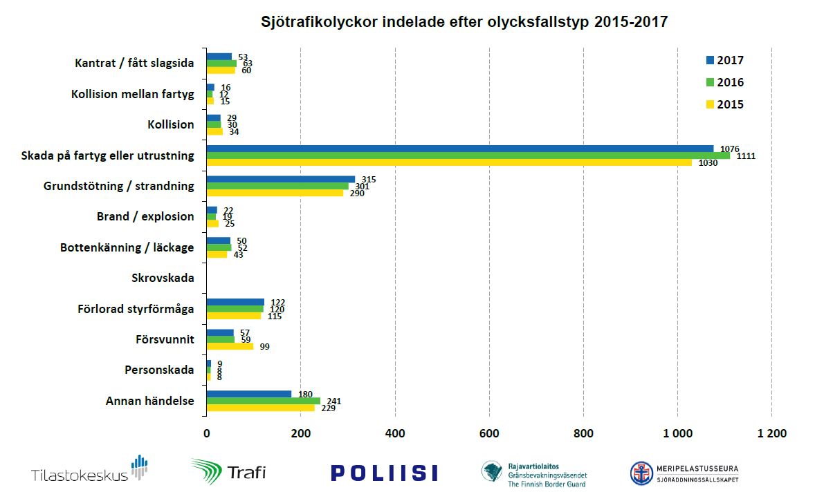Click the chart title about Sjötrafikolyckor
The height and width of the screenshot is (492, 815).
point(464,21)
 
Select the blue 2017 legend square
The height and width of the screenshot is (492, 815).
point(709,60)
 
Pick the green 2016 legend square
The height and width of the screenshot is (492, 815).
point(709,82)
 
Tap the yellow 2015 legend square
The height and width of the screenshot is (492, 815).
point(709,105)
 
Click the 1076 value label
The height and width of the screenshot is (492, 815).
point(729,148)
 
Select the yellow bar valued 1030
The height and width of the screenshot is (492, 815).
point(449,162)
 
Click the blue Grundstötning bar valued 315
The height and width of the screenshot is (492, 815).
point(281,179)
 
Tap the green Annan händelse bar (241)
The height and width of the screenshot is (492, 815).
point(264,401)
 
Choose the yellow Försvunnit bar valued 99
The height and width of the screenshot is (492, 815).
point(230,346)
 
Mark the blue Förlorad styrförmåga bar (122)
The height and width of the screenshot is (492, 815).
point(235,302)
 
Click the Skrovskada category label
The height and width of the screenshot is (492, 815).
point(163,278)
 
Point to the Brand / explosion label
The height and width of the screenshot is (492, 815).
point(145,216)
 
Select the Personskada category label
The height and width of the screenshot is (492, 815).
point(159,370)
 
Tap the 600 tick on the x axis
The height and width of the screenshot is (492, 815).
point(489,433)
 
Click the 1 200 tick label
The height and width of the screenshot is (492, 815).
point(771,433)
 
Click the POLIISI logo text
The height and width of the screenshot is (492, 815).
point(384,473)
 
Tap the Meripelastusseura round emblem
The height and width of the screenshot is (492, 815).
point(641,473)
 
